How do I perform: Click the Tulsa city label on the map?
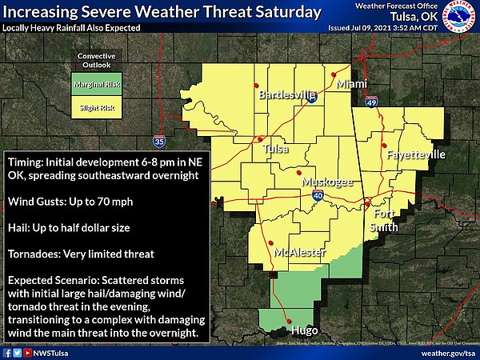click(x=276, y=149)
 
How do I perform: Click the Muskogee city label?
click(x=327, y=182)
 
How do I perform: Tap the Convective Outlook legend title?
click(x=95, y=62)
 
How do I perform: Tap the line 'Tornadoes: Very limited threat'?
click(x=79, y=254)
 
